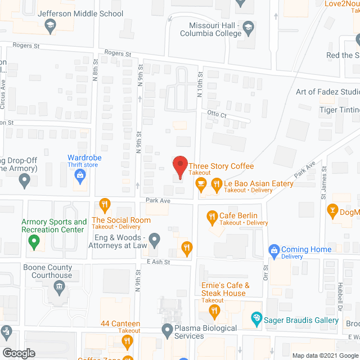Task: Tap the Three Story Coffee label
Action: pyautogui.click(x=220, y=166)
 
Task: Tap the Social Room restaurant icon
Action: pyautogui.click(x=104, y=204)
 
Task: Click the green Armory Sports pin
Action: pyautogui.click(x=34, y=242)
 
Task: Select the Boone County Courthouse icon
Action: pyautogui.click(x=58, y=288)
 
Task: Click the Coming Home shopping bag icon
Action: pyautogui.click(x=274, y=249)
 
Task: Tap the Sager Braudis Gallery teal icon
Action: pyautogui.click(x=257, y=319)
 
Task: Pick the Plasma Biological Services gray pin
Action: pyautogui.click(x=166, y=330)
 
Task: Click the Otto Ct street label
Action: pyautogui.click(x=217, y=115)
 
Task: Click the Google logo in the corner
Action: pyautogui.click(x=18, y=353)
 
